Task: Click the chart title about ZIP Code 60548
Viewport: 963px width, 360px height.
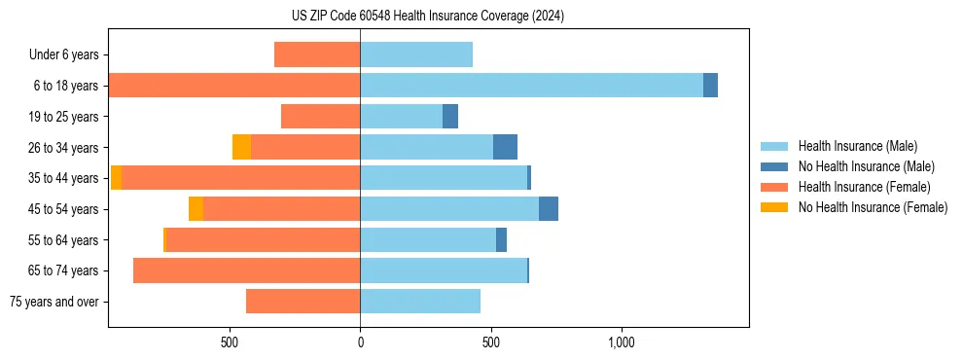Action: tap(428, 17)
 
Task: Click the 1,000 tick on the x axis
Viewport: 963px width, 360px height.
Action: tap(622, 343)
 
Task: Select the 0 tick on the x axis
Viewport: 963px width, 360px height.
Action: tap(360, 343)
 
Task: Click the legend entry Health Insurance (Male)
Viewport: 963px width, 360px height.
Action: tap(857, 146)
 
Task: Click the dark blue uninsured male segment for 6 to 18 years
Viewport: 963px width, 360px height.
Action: tap(710, 86)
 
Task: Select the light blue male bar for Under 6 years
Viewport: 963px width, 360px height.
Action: tap(416, 54)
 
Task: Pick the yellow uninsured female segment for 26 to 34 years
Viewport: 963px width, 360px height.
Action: tap(241, 147)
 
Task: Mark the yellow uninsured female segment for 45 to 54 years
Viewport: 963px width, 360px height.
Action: tap(196, 209)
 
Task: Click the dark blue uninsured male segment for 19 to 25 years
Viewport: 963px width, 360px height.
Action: tap(450, 117)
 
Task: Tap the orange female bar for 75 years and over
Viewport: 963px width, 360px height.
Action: tap(303, 302)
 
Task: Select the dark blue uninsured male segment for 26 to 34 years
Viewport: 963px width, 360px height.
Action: tap(505, 147)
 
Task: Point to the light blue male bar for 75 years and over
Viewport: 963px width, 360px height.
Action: tap(420, 302)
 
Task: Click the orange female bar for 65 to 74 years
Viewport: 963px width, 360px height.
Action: tap(246, 270)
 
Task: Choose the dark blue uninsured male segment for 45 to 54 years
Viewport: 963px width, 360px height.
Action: tap(549, 209)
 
